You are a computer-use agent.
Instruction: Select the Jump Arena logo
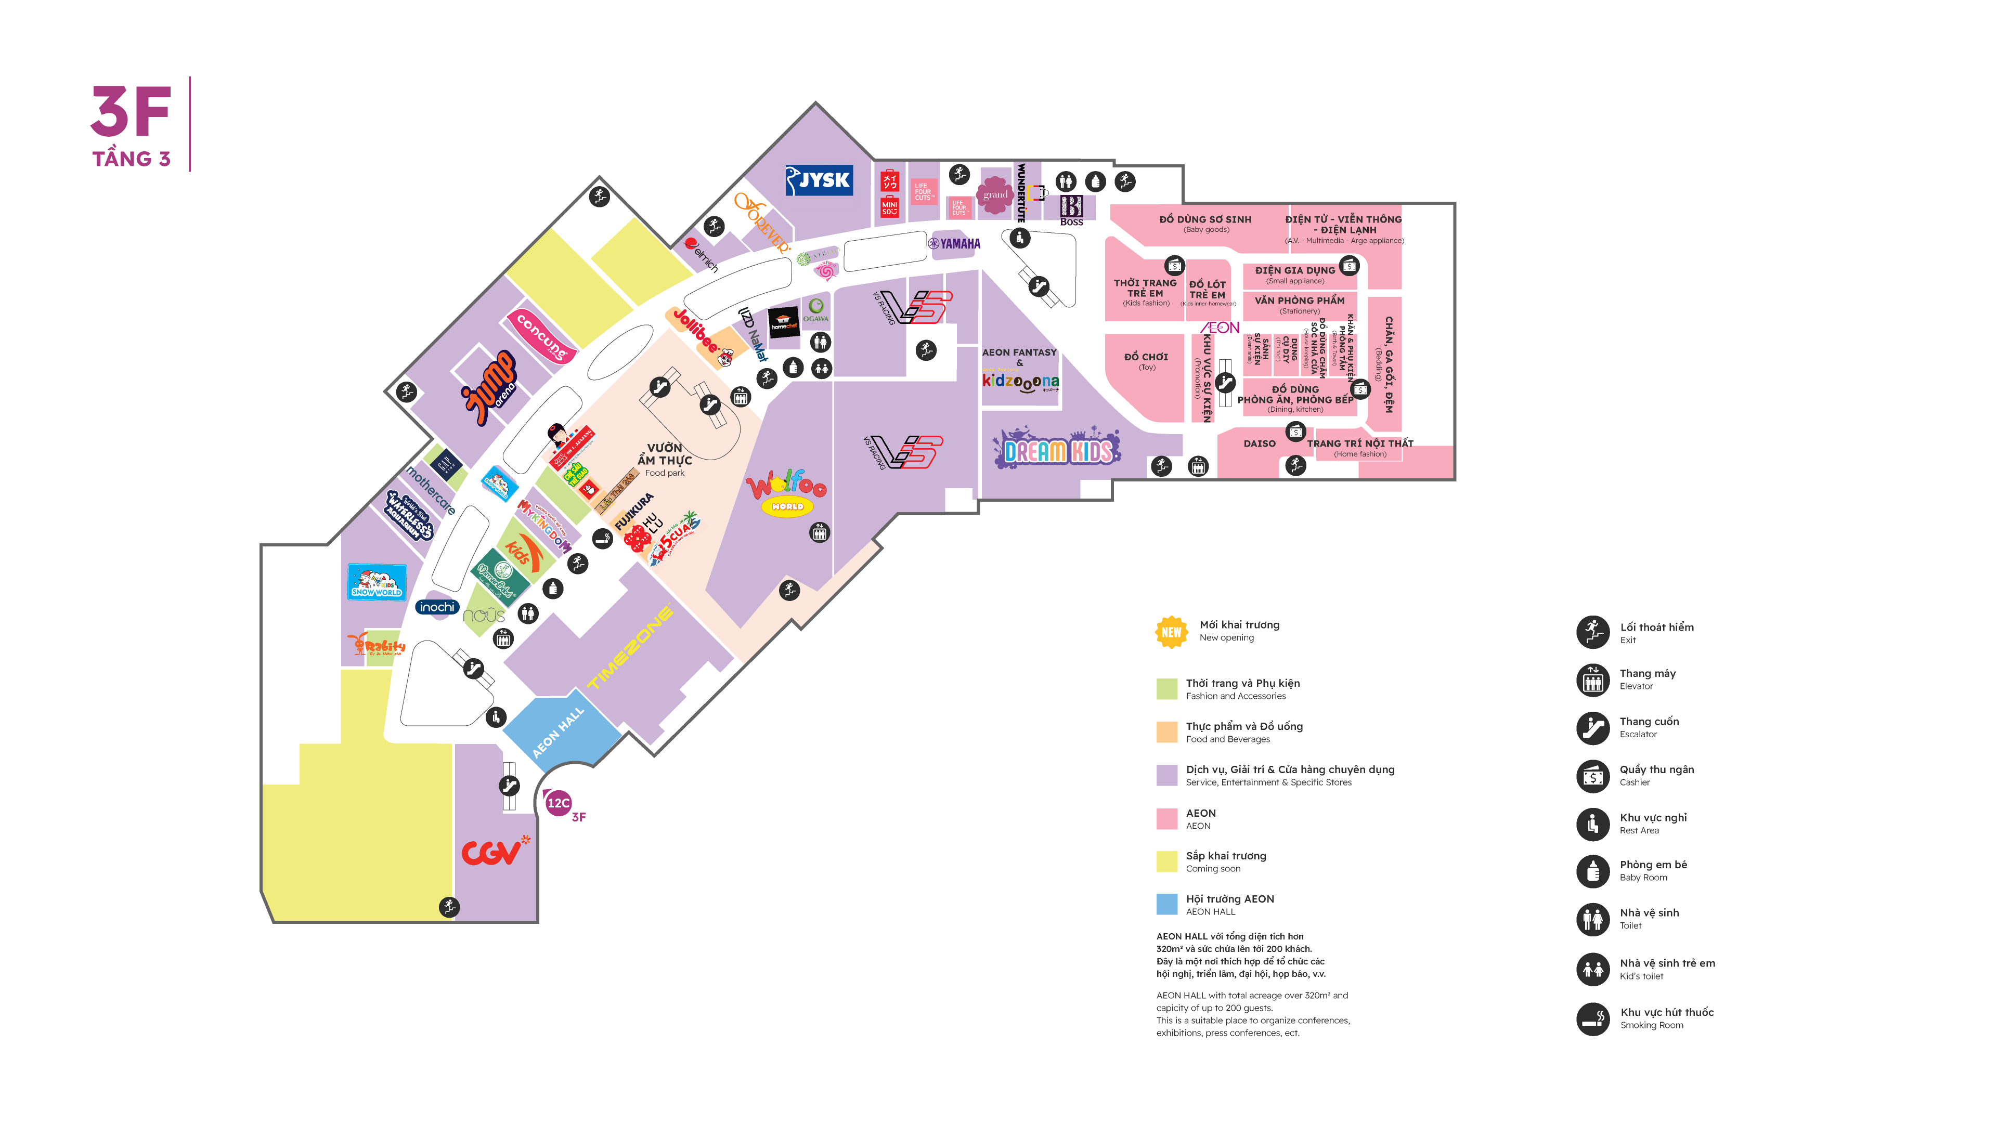(490, 386)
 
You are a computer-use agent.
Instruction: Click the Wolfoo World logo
(786, 493)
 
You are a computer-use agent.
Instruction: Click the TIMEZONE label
(629, 648)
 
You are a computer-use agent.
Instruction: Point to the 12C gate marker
(558, 803)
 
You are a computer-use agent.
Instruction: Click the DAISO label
(1259, 443)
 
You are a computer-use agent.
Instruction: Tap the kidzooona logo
(1020, 381)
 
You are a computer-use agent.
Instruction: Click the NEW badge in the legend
(1171, 632)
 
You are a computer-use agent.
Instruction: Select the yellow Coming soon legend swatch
(1166, 861)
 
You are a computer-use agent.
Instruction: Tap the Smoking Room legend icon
(1592, 1018)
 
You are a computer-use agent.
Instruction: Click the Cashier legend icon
(1592, 775)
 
